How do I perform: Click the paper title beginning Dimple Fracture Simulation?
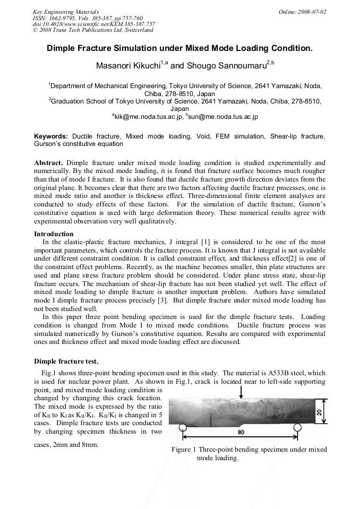[179, 48]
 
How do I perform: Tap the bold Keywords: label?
[51, 136]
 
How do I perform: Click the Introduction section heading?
[54, 234]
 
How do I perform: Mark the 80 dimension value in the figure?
[241, 432]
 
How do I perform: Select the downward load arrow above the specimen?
[241, 392]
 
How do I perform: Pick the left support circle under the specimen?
[183, 427]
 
